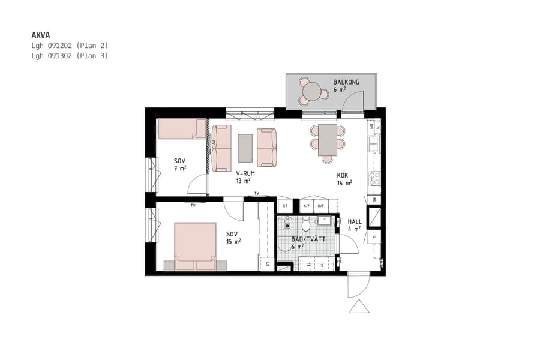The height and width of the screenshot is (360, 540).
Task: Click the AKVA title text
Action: pos(40,35)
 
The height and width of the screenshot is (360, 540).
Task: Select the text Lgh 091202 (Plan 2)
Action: pos(70,46)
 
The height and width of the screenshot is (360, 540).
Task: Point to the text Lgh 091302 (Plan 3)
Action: pos(70,56)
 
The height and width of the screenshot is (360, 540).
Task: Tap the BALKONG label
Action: pos(346,82)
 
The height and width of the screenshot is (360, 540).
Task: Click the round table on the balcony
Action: pos(312,92)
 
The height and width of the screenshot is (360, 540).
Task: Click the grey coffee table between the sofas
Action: pos(245,148)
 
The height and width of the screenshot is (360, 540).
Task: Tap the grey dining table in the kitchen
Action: pos(327,140)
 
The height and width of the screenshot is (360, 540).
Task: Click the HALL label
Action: pos(355,221)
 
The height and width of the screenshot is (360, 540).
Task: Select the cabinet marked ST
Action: pos(285,206)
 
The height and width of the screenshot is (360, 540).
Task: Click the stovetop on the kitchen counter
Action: pos(374,178)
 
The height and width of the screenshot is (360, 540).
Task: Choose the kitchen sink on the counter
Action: pos(373,144)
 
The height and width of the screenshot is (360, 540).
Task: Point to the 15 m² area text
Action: pos(233,242)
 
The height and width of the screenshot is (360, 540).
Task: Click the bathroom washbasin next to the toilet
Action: pos(325,222)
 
